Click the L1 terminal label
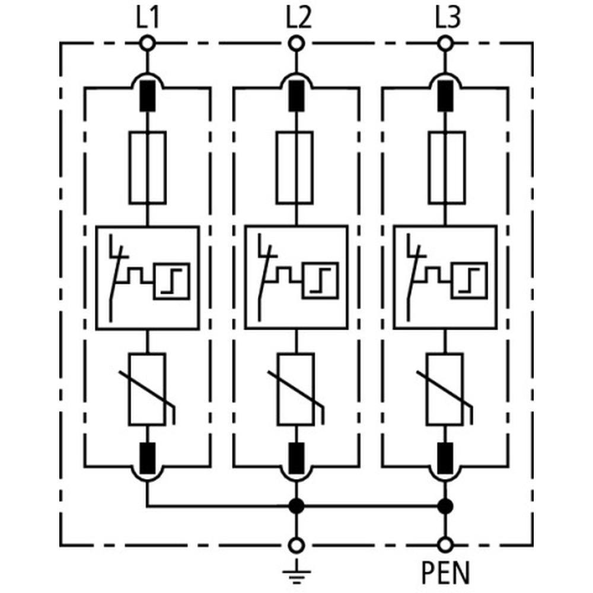coord(147,20)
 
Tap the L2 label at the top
coord(296,20)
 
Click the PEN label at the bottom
coord(445,574)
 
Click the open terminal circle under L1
coord(147,43)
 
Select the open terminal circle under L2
coord(295,43)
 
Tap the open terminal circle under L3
coord(444,43)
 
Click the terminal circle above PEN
coord(444,545)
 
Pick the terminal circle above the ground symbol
coord(295,545)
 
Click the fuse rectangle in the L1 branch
coord(147,168)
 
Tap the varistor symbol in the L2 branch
coord(295,390)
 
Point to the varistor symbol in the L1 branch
coord(147,390)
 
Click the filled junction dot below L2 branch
coord(295,506)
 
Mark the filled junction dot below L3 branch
coord(444,506)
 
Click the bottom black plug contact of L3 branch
coord(444,457)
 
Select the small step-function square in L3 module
coord(470,279)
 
